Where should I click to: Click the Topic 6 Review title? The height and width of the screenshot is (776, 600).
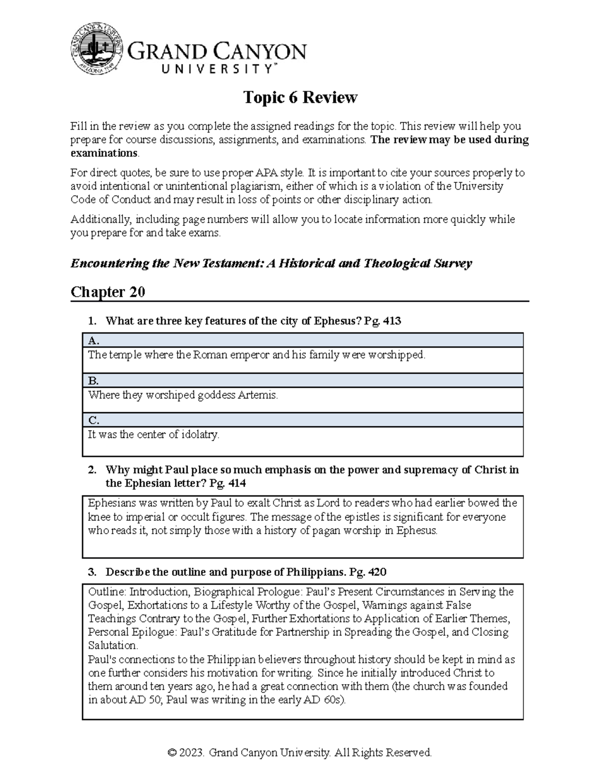[x=300, y=97]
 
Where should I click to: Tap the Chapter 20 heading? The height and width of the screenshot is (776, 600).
[x=107, y=292]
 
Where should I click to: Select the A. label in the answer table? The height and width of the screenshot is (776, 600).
[x=93, y=341]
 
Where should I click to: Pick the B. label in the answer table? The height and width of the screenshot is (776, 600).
[x=93, y=381]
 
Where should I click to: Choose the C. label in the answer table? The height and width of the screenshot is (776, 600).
[x=93, y=420]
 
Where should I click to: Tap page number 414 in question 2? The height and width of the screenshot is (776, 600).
[x=236, y=483]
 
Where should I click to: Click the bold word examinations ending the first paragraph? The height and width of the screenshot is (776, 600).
[x=104, y=153]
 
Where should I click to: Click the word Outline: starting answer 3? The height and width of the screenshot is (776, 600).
[x=107, y=592]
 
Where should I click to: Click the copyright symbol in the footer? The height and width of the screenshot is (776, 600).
[x=173, y=753]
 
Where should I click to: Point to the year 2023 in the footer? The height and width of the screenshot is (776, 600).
[x=193, y=753]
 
